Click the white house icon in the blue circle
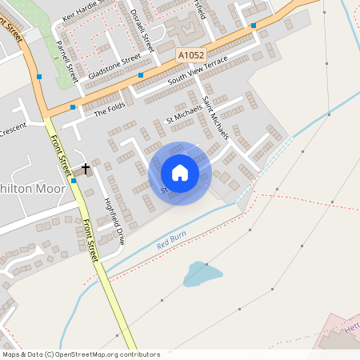point(180,173)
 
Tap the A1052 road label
point(190,54)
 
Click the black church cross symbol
point(86,168)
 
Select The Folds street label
point(110,113)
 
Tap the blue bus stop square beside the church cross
point(74,181)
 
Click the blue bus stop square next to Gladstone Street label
point(141,75)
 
